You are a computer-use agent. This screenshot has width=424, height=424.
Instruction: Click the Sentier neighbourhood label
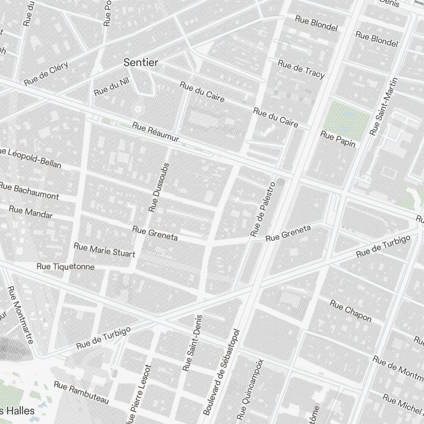coord(141,63)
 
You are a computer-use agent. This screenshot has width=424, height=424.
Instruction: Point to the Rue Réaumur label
coord(156,132)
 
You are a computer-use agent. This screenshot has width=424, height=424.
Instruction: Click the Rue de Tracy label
coord(301,69)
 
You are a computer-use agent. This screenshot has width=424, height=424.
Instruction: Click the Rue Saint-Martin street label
coord(385,107)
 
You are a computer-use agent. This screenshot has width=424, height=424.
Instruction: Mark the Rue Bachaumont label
coord(29,191)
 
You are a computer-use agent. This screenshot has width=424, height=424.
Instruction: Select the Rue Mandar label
coord(31,212)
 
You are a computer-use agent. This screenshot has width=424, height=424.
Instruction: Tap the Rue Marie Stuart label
coord(104,250)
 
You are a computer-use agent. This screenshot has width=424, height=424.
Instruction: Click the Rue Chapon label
coord(351,311)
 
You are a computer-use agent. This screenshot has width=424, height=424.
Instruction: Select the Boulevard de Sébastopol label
coord(222,372)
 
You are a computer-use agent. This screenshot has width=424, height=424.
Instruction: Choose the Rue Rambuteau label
coord(81,392)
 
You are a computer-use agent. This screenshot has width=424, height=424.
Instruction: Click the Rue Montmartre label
coord(20,315)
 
